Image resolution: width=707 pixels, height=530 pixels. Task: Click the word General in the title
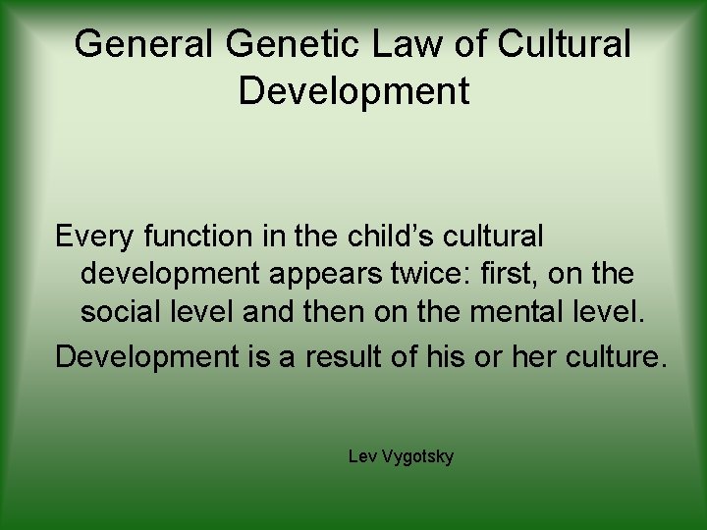click(x=143, y=43)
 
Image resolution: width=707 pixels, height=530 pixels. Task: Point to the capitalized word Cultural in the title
click(x=565, y=43)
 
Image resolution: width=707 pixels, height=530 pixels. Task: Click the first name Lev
click(x=360, y=457)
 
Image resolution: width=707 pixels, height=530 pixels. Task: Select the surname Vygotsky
click(x=417, y=458)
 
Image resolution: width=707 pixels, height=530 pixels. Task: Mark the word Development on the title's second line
click(x=353, y=90)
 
